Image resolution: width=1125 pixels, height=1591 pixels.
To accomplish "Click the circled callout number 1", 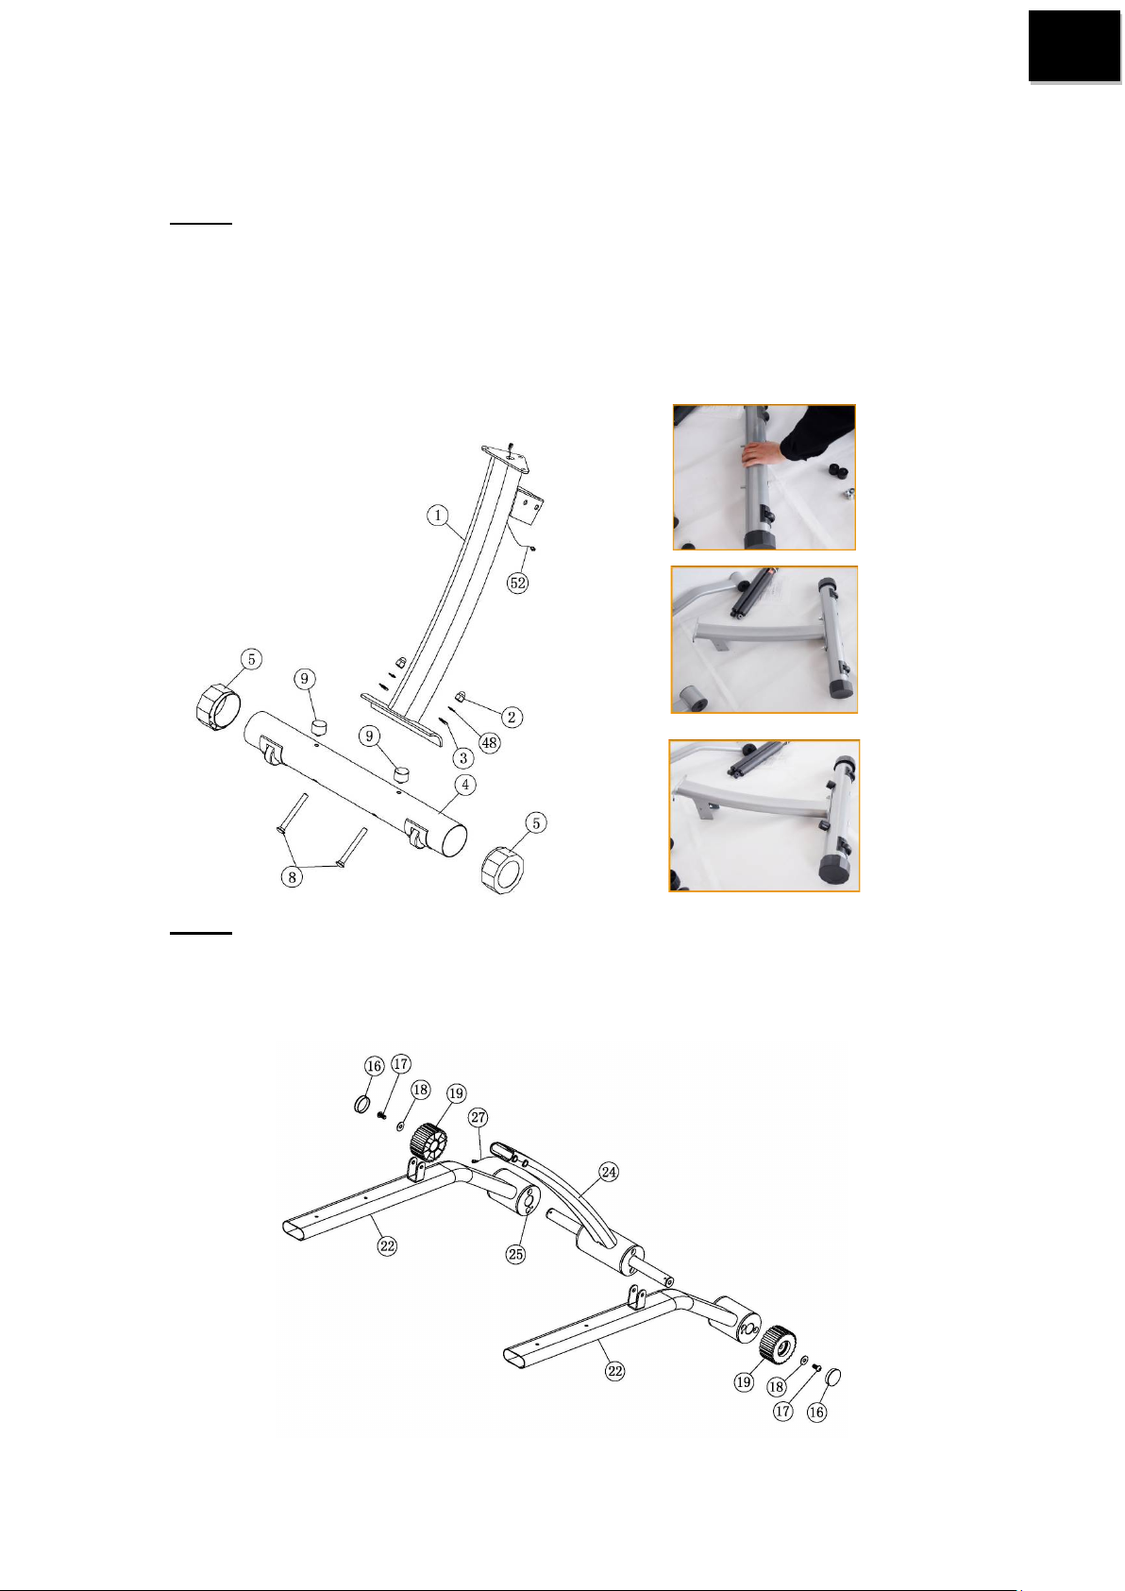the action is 438,515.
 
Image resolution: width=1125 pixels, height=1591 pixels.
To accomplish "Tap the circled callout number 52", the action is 517,584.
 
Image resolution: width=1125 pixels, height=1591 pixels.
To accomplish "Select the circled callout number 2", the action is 512,717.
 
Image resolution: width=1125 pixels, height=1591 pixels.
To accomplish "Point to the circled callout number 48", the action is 489,743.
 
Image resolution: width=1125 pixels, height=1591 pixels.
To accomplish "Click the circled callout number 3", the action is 462,758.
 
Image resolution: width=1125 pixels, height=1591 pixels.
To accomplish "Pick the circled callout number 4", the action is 465,786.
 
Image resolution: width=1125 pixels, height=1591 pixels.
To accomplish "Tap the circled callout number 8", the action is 292,877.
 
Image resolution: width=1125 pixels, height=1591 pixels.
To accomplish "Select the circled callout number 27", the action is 479,1117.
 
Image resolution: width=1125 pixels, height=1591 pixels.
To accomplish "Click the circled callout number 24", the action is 609,1171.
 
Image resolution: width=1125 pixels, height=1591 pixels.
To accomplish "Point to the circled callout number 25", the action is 515,1254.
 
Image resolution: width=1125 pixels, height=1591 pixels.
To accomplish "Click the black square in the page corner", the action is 1074,45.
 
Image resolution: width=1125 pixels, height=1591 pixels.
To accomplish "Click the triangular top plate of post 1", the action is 505,460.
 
